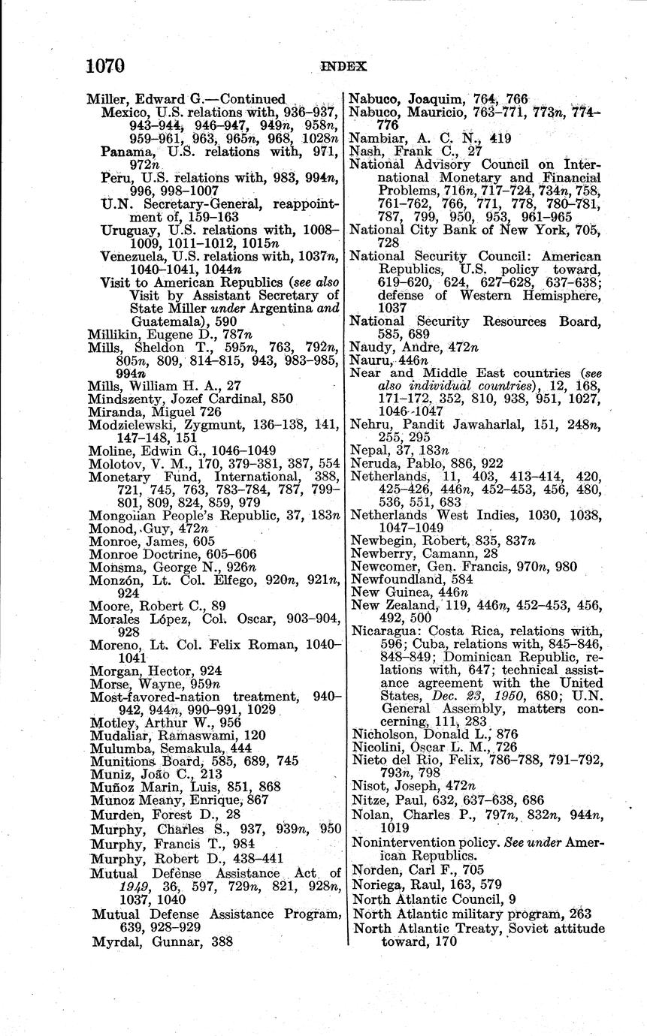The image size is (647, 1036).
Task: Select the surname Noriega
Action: point(377,884)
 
